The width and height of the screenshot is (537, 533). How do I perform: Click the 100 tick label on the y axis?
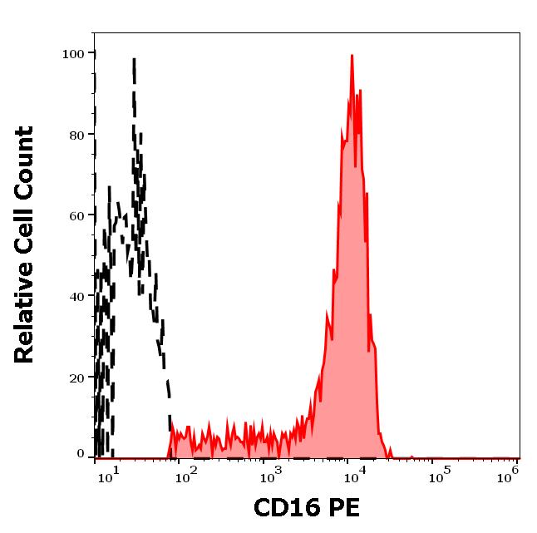(72, 54)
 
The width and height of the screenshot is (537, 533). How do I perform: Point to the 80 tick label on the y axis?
(76, 135)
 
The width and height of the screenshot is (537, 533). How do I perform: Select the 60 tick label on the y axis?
(76, 215)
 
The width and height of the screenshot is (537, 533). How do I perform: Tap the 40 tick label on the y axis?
(76, 296)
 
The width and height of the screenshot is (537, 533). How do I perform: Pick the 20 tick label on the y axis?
(76, 378)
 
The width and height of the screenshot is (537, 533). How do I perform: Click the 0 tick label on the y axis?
(80, 454)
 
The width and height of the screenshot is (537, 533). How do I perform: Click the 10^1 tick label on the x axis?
(110, 475)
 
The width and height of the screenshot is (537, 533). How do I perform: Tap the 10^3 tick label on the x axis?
(269, 475)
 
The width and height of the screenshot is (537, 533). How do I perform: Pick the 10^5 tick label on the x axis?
(436, 475)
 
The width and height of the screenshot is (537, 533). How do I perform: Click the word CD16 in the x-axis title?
(286, 508)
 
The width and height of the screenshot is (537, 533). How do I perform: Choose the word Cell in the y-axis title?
(25, 230)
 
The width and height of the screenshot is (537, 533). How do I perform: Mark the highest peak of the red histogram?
(352, 57)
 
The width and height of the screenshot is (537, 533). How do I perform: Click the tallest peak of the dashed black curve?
(134, 60)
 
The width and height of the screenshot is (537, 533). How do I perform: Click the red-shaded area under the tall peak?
(351, 291)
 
